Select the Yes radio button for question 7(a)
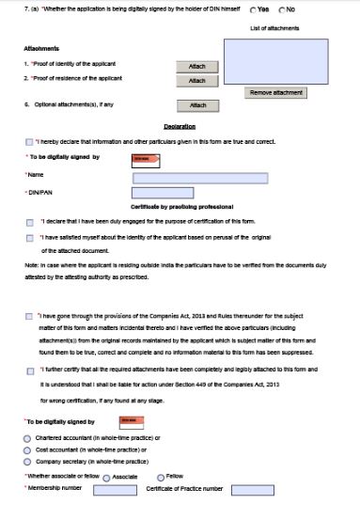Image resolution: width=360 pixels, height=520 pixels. click(253, 9)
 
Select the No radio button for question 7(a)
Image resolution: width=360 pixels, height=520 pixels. click(282, 9)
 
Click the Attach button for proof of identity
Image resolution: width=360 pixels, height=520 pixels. click(196, 67)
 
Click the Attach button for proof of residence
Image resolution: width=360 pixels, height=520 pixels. click(196, 81)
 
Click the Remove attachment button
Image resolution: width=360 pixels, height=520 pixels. click(275, 93)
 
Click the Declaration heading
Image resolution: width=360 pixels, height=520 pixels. click(180, 125)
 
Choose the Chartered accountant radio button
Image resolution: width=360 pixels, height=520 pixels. click(26, 438)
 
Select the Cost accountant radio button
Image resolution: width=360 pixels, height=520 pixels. click(26, 450)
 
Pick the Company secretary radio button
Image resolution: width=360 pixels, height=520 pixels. click(26, 463)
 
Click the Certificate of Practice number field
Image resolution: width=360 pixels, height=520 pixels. click(252, 490)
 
